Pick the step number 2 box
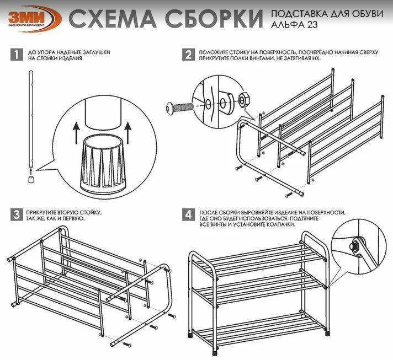(x=188, y=54)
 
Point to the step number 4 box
(x=188, y=214)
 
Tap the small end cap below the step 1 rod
(x=30, y=178)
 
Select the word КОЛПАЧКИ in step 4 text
(x=279, y=224)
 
